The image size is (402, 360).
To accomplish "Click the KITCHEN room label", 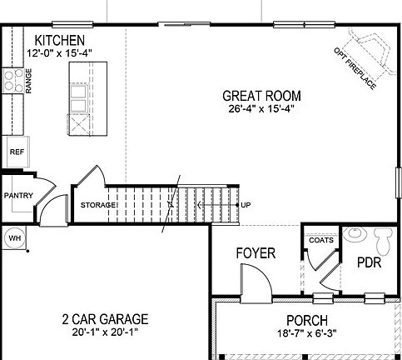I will (x=58, y=40).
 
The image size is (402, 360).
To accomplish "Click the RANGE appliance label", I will (x=28, y=82).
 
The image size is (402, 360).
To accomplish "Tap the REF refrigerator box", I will (x=15, y=152).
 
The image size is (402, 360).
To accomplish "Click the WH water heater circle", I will (x=14, y=238).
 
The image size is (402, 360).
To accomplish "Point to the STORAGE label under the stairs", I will (x=97, y=205).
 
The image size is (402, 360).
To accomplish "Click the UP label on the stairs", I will (x=246, y=204).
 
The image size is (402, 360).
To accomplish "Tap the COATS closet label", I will (x=321, y=240).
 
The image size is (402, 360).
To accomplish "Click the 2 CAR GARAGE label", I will (x=105, y=319).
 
